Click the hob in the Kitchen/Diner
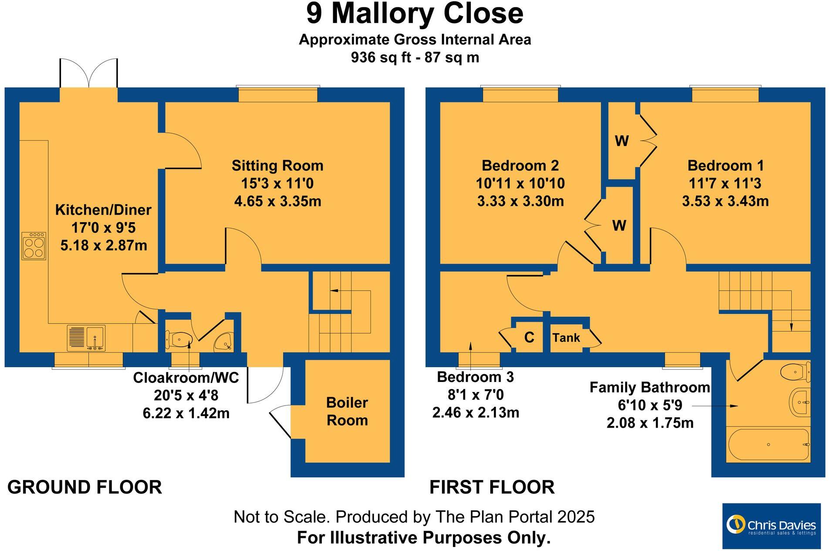34,247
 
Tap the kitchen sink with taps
87,338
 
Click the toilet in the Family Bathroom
795,372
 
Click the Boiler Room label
347,411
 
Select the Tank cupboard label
566,338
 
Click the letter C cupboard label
529,338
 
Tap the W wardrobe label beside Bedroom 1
622,141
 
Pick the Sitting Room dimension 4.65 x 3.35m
277,201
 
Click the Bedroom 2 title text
520,166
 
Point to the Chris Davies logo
771,526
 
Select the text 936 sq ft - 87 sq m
415,57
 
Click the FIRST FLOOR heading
492,487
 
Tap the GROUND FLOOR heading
84,487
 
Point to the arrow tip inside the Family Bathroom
738,406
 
